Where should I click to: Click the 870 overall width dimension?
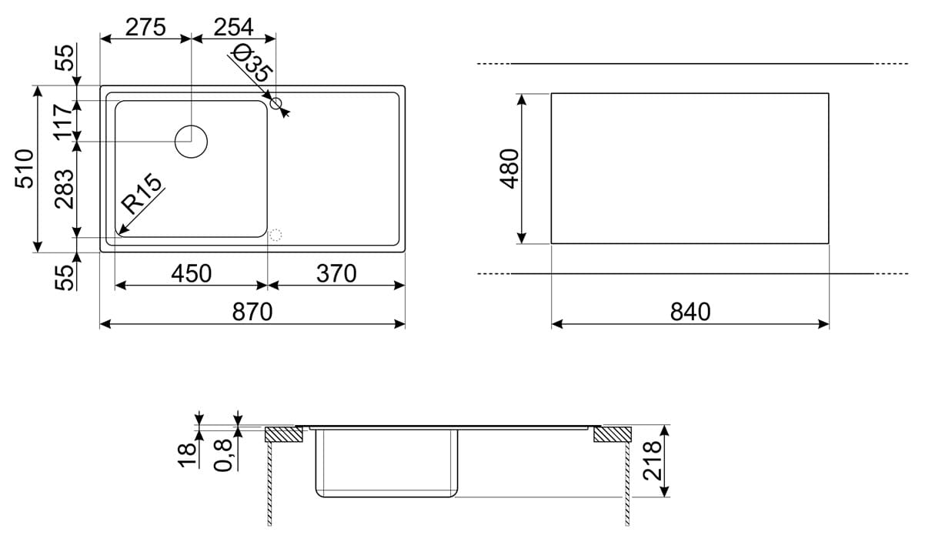tap(252, 312)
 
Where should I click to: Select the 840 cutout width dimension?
tap(690, 312)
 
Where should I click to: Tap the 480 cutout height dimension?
tap(509, 169)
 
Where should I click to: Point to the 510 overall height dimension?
tap(24, 169)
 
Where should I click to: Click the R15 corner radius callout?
tap(142, 193)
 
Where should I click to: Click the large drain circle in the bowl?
tap(191, 142)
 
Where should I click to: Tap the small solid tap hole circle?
tap(275, 103)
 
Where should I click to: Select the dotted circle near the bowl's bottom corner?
tap(275, 236)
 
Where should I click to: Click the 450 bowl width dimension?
tap(191, 273)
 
